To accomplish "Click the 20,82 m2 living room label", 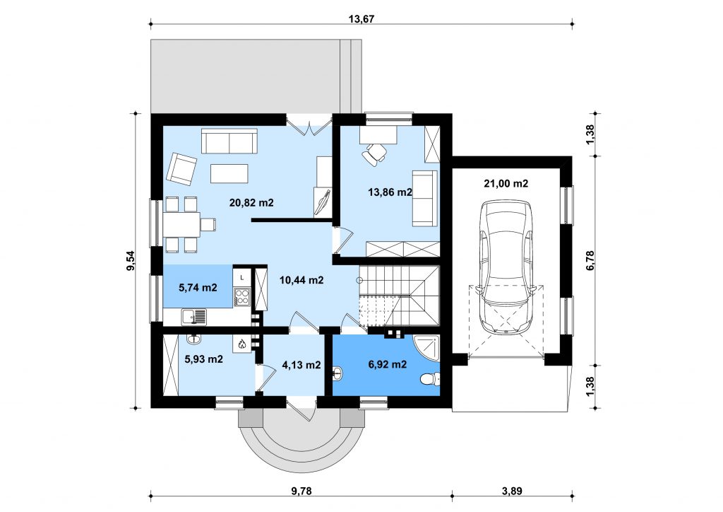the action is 252,202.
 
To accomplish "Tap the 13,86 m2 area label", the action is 390,192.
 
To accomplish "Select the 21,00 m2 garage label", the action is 506,183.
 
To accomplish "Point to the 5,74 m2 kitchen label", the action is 198,288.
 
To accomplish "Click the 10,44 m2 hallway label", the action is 301,280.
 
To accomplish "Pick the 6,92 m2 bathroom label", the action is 388,364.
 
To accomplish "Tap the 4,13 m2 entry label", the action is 301,365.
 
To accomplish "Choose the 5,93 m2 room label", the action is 204,359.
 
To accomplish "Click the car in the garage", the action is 506,267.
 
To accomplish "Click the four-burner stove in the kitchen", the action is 242,296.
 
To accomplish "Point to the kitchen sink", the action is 194,317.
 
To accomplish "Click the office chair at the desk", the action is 375,153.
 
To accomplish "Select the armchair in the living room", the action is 181,168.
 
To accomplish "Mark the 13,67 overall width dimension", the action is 361,19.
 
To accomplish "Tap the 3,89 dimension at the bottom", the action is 513,491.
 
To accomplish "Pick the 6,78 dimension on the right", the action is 591,260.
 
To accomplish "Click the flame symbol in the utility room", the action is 242,343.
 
